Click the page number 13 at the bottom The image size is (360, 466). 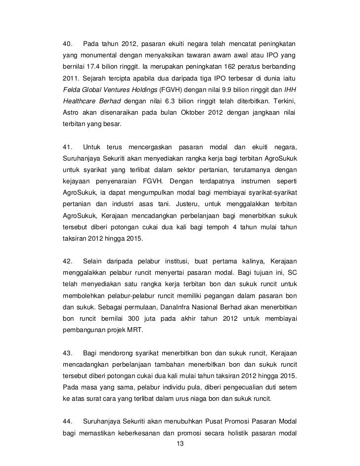point(180,444)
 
